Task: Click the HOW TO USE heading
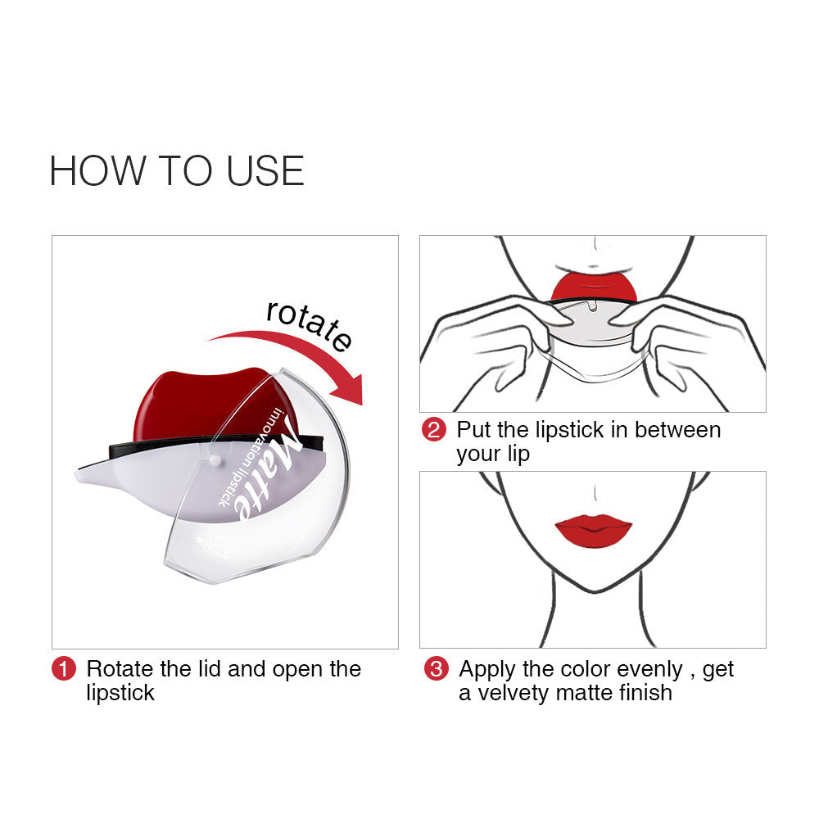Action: coord(177,170)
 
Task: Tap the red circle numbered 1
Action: coord(64,669)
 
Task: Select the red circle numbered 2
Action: coord(433,430)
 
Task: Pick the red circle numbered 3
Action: coord(436,669)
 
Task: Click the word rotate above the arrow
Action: coord(309,323)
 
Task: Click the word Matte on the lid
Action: coord(267,477)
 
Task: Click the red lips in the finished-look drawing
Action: coord(593,531)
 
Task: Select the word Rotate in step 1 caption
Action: coord(121,669)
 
